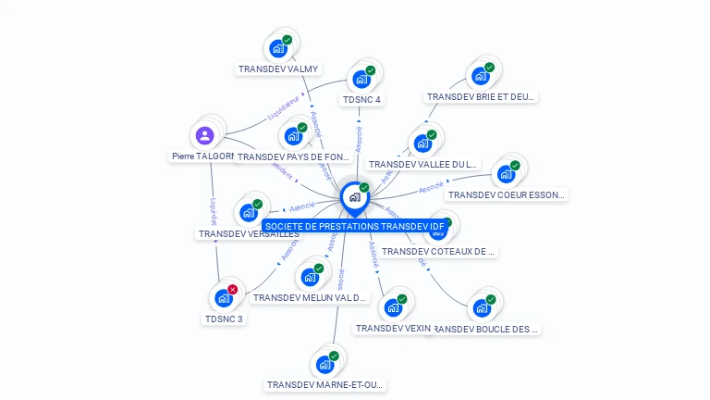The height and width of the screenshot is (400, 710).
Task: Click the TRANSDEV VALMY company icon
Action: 278,48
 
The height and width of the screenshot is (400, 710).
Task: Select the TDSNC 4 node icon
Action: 361,79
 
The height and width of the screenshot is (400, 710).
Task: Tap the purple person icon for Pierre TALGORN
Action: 205,135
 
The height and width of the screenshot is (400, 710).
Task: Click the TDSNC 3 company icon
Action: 223,298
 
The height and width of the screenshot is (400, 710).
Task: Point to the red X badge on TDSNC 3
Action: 233,289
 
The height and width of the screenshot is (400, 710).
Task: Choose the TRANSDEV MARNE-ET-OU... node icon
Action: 324,364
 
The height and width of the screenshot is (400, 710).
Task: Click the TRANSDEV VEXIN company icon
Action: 393,307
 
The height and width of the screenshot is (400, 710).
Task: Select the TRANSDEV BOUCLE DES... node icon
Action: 482,307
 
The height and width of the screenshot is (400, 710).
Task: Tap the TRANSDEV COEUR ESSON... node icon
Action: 506,174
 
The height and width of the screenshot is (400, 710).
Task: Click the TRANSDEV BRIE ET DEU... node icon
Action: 480,76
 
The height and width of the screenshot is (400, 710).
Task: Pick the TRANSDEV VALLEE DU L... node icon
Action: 422,144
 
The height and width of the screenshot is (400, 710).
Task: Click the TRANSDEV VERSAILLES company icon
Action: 249,212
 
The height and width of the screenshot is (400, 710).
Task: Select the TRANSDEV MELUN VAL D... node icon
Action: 310,277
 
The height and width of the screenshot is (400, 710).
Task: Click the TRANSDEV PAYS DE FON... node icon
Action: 293,136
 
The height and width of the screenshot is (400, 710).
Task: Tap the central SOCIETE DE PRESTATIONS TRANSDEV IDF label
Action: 355,226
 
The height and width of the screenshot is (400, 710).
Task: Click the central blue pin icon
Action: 354,196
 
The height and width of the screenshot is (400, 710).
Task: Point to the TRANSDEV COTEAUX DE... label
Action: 438,251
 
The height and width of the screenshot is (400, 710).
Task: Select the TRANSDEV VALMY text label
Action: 278,69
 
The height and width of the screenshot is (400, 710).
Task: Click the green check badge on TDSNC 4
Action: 371,70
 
